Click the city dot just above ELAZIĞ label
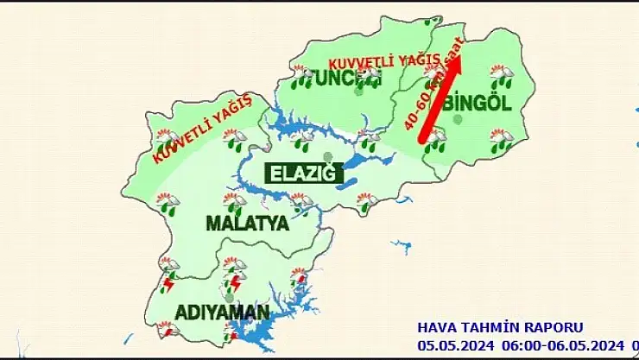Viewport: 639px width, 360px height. click(x=327, y=156)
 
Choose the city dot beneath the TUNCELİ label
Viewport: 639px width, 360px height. click(x=358, y=91)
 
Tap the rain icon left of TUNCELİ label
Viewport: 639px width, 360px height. click(x=301, y=77)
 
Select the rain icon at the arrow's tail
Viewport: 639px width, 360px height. click(x=435, y=138)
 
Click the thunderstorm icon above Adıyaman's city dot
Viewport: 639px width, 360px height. click(x=233, y=281)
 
